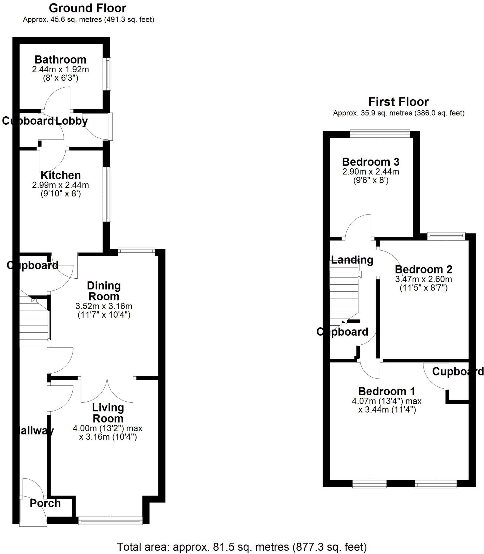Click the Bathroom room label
60,60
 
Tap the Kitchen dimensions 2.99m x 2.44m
60,185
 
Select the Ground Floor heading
87,8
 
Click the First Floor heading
398,102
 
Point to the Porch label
45,503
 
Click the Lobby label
72,121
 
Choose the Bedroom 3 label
370,162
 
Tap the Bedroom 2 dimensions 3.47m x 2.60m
423,279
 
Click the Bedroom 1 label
386,391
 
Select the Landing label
352,260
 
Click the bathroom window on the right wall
108,74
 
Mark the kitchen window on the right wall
108,194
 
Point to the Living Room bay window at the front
110,521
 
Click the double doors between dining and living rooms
107,390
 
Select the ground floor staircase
34,322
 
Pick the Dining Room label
104,291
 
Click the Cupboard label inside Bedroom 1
457,372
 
